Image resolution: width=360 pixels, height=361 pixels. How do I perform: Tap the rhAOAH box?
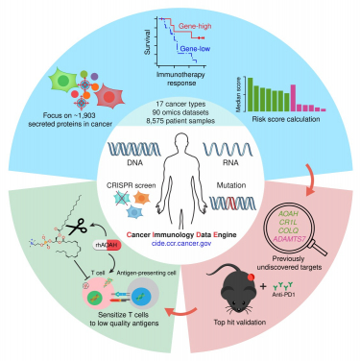point(108,244)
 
